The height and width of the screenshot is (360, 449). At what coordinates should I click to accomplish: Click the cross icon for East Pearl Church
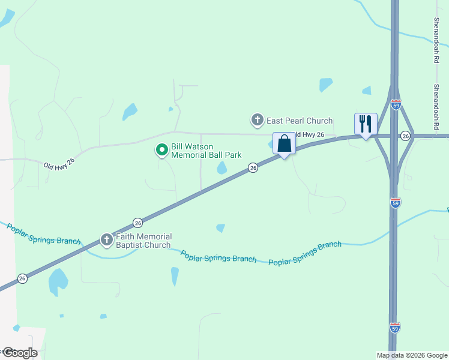[x=258, y=121]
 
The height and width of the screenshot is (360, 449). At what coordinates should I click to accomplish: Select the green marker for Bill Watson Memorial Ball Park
[x=161, y=149]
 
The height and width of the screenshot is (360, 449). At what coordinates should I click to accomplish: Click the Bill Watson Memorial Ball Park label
[x=206, y=150]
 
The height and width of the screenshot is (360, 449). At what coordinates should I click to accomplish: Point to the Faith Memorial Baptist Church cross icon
[x=107, y=241]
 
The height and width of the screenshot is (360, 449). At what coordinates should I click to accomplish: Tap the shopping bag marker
[x=284, y=144]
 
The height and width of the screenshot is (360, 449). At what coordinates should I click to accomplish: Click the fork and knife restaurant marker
[x=365, y=124]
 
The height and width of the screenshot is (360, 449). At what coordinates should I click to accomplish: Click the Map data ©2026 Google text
[x=411, y=355]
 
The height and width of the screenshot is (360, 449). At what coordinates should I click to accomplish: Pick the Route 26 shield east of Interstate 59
[x=406, y=136]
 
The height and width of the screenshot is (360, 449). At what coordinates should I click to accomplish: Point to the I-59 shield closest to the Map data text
[x=395, y=327]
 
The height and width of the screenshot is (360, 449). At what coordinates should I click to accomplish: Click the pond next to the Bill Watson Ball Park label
[x=222, y=168]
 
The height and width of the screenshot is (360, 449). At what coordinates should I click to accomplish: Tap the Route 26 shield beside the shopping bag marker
[x=253, y=168]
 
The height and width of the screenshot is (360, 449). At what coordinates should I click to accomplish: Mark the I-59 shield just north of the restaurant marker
[x=395, y=103]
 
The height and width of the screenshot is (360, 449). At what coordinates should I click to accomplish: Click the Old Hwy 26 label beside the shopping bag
[x=309, y=135]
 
